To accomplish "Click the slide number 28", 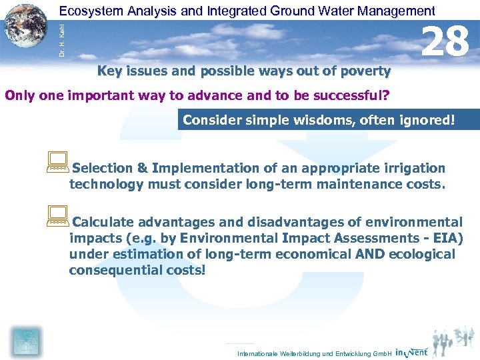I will point(446,41).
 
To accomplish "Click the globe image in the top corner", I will point(26,27).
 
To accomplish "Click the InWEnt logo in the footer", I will point(411,352).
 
